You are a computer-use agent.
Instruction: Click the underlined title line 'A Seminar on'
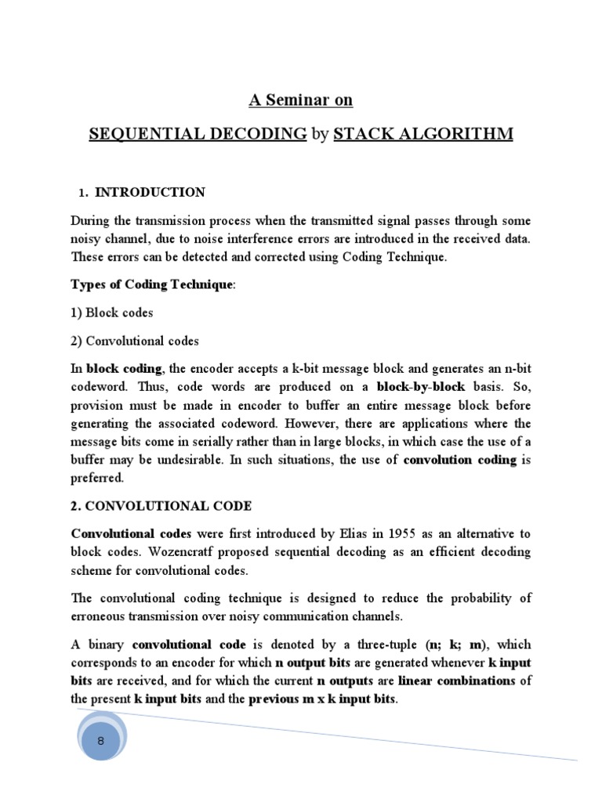pos(300,100)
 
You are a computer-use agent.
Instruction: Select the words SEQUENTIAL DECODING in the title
pos(198,134)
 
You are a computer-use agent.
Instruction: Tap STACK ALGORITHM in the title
pos(423,134)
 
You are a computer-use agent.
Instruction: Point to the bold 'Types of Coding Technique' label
pos(151,284)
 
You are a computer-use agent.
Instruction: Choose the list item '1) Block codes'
pos(112,312)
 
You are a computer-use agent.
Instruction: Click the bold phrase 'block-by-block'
pos(421,387)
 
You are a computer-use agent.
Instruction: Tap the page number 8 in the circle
pos(100,741)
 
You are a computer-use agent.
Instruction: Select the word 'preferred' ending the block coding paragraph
pos(96,477)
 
